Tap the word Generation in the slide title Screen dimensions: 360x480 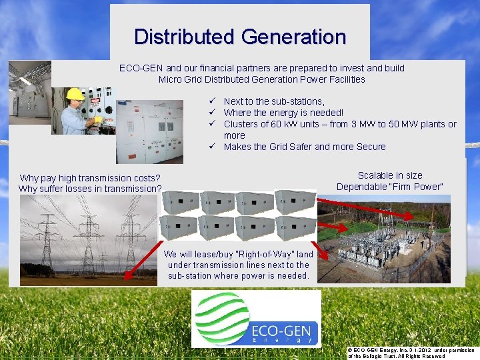(293, 37)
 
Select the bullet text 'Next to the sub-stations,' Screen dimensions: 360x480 (274, 101)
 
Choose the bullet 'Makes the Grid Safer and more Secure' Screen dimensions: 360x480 (305, 147)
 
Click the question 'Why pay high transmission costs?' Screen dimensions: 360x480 (90, 178)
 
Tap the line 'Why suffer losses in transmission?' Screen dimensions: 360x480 (90, 189)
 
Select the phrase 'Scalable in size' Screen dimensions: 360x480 (390, 175)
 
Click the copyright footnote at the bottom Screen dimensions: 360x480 (411, 353)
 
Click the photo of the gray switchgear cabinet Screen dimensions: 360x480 (149, 131)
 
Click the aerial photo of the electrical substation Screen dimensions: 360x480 (383, 240)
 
